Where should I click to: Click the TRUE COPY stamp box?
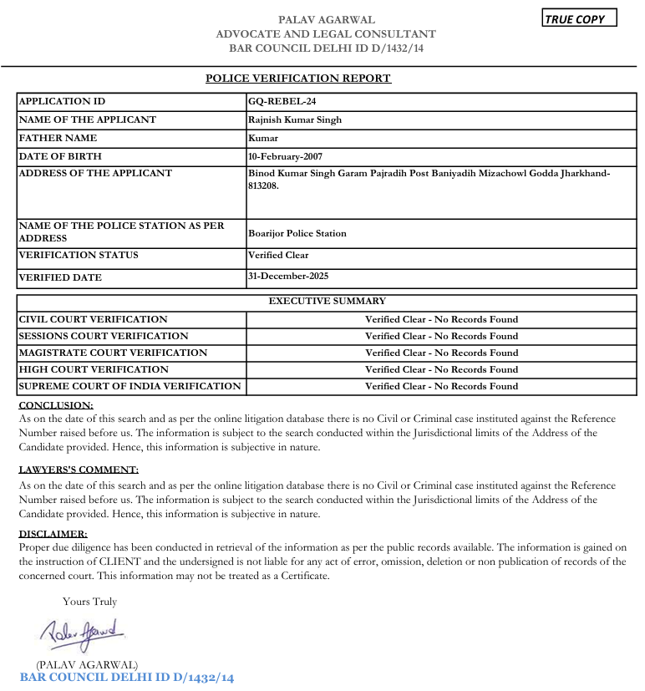(x=580, y=18)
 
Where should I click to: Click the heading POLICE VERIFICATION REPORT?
(x=298, y=79)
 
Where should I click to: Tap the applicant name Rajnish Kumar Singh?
(x=295, y=119)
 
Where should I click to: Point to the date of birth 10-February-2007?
(x=285, y=156)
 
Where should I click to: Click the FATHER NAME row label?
(x=58, y=138)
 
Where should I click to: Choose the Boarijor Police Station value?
(x=297, y=233)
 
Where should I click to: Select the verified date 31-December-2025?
(x=288, y=276)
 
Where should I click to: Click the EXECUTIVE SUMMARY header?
(x=327, y=301)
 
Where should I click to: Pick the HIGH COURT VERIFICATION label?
(x=94, y=369)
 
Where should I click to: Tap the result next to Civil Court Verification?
(x=441, y=319)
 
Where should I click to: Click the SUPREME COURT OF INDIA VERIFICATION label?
(x=130, y=386)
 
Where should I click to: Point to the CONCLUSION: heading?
(x=56, y=405)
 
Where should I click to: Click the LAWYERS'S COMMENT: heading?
(x=79, y=470)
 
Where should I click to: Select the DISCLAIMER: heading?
(x=53, y=533)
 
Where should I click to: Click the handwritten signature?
(x=82, y=632)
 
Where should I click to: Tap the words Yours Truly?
(x=89, y=601)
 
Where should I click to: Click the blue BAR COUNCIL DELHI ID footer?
(x=127, y=677)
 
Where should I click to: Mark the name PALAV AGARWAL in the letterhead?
(x=326, y=19)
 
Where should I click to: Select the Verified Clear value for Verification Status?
(x=278, y=255)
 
